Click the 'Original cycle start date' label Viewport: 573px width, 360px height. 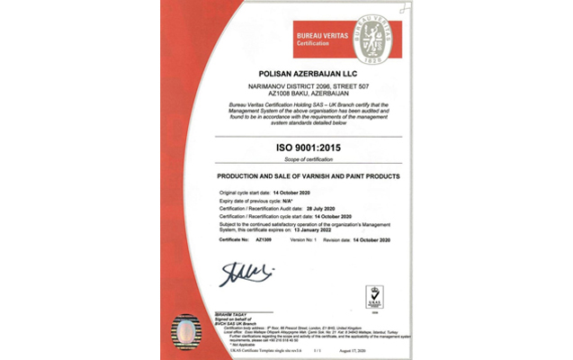(251, 193)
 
